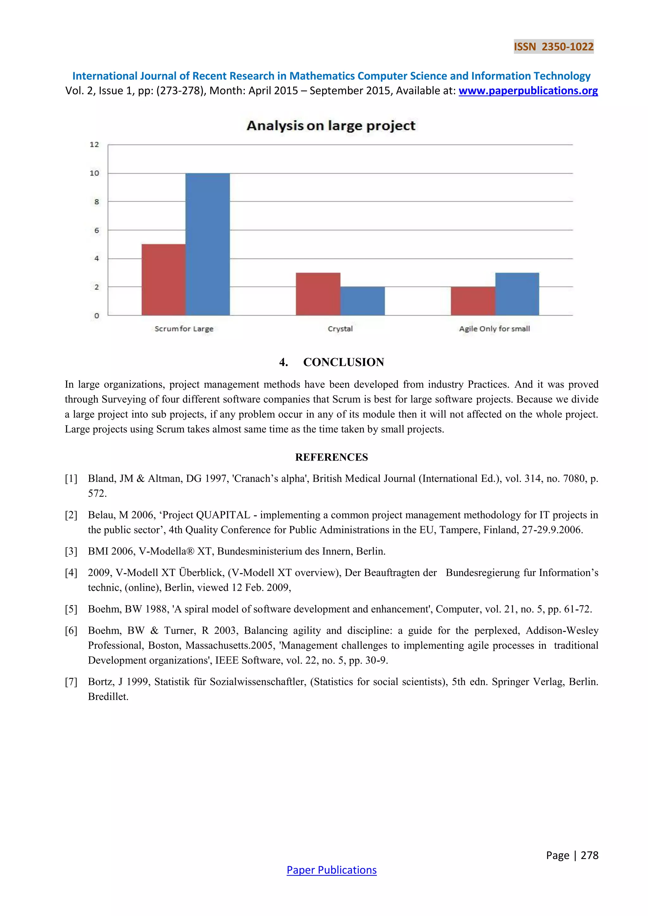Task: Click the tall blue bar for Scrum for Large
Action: click(208, 244)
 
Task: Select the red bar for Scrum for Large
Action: click(164, 280)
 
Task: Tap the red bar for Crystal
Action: click(318, 294)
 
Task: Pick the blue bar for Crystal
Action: click(362, 301)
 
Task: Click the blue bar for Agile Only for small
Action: click(517, 294)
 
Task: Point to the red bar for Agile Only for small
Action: click(473, 301)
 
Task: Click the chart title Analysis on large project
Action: click(331, 126)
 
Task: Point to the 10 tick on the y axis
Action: click(94, 173)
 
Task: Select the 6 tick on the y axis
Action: click(96, 230)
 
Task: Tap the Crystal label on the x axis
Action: click(340, 329)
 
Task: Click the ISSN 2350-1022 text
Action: click(553, 47)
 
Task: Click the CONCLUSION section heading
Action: click(343, 362)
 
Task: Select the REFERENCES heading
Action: click(331, 457)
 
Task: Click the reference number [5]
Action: click(71, 609)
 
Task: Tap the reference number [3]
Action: click(71, 551)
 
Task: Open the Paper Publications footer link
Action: click(331, 870)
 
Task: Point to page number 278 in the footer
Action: click(589, 855)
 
